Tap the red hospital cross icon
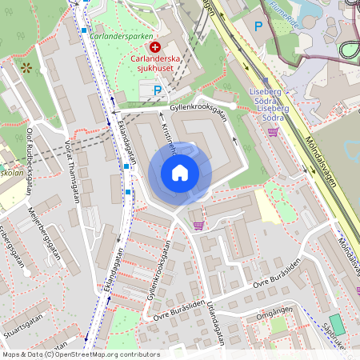154,49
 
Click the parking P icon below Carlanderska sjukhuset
158,90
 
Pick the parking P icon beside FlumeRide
258,26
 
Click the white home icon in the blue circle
180,172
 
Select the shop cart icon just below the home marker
198,225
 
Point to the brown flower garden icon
27,68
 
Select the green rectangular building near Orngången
337,325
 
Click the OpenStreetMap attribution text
81,354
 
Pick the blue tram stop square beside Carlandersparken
84,31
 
